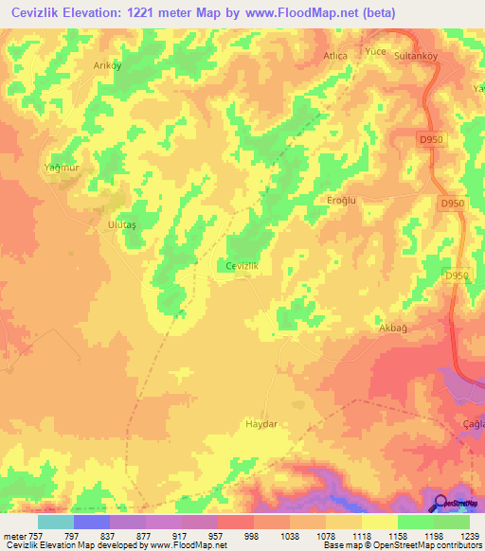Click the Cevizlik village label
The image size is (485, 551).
tap(242, 266)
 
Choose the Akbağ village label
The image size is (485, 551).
tap(392, 328)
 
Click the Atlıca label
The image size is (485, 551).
tap(336, 56)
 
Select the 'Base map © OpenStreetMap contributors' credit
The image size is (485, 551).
tap(401, 545)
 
